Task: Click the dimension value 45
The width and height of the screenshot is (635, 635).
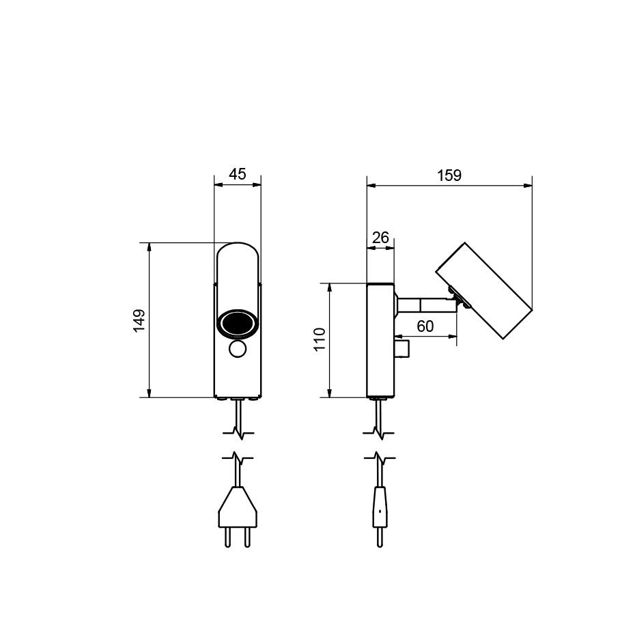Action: [x=237, y=174]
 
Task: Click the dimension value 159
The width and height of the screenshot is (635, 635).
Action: [x=449, y=175]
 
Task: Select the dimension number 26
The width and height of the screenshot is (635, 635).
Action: [x=380, y=238]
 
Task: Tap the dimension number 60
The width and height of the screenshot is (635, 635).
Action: [x=425, y=326]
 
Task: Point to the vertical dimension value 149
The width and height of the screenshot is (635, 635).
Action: [x=139, y=320]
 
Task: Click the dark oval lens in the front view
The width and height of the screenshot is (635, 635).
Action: [x=238, y=323]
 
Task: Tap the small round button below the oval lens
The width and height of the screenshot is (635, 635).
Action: [x=238, y=349]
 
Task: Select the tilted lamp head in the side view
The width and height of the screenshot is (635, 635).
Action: [x=484, y=290]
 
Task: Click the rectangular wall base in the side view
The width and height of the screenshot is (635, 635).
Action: [x=380, y=340]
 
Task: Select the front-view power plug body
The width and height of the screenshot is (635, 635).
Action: [x=237, y=512]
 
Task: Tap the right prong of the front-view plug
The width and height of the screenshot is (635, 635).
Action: [x=247, y=537]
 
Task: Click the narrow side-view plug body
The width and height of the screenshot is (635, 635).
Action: [x=380, y=509]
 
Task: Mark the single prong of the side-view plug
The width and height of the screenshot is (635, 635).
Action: [x=380, y=537]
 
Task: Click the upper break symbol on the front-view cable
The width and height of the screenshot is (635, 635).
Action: [x=237, y=432]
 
